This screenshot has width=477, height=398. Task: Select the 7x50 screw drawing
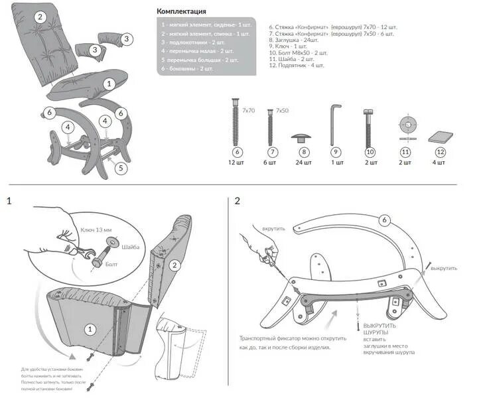pos(270,126)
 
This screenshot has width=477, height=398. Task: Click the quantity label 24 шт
pos(303,162)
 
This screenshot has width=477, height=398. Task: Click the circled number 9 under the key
pos(336,152)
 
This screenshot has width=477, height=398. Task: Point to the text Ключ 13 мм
pos(97,229)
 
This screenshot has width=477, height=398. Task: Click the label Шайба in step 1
pos(130,247)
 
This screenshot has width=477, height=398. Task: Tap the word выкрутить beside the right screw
pos(444,268)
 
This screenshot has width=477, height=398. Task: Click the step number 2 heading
pos(238,201)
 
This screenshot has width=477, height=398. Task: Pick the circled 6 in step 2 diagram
pos(383,220)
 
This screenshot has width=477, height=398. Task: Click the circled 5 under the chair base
pos(120,168)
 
